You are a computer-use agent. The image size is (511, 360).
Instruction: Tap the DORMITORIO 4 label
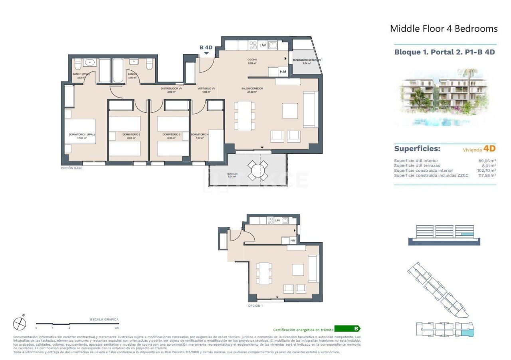point(200,135)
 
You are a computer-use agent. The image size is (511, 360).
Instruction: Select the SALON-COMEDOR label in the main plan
point(249,89)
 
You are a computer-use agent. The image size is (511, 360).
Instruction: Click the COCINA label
point(252,60)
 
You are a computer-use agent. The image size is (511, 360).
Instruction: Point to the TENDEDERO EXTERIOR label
point(306,60)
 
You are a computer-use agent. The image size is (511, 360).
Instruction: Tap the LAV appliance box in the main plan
point(263,45)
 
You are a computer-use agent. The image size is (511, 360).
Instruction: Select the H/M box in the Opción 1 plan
point(293,240)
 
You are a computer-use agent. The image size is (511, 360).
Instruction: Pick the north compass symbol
point(20,323)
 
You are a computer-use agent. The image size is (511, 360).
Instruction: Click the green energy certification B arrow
point(347,329)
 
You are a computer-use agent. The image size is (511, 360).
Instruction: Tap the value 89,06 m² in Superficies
point(487,161)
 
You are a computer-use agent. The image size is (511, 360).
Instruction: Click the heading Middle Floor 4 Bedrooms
point(444,29)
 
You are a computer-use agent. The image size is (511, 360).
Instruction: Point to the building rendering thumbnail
point(445,97)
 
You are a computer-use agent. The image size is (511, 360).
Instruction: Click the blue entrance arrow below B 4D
point(206,53)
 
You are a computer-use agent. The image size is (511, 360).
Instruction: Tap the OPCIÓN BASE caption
point(71,168)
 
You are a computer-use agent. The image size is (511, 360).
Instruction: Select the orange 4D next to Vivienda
point(489,149)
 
